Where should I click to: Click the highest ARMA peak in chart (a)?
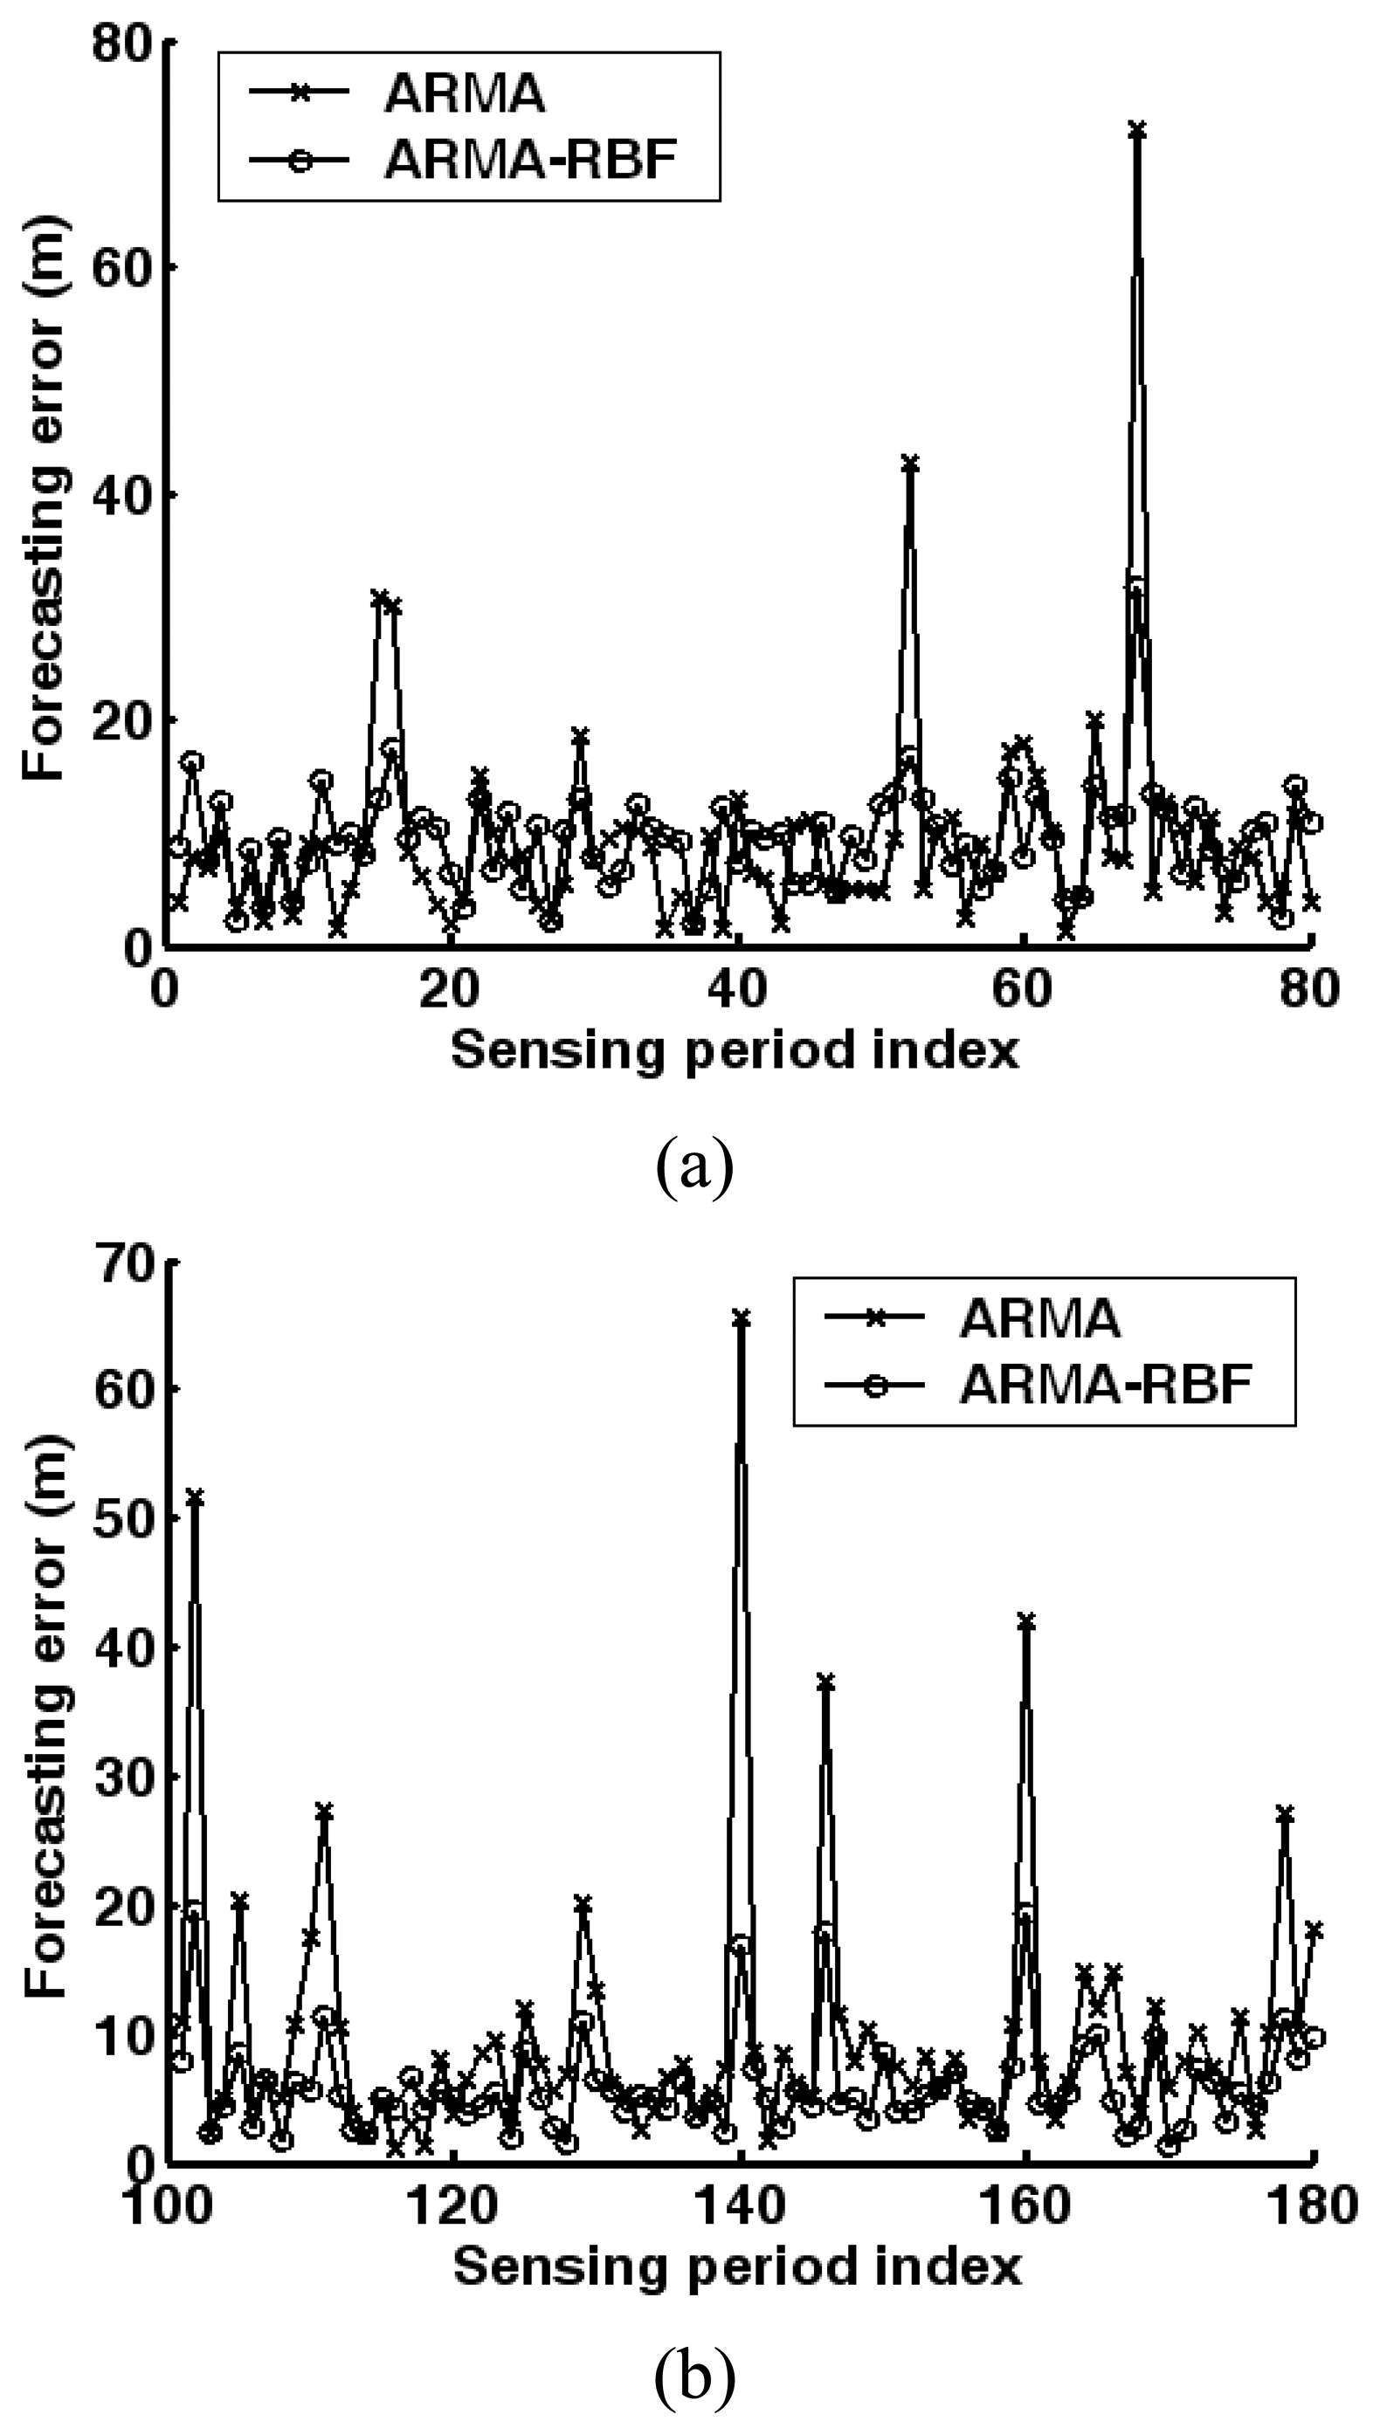coord(1136,130)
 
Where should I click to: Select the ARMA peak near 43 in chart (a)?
coord(910,464)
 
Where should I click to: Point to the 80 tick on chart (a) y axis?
coord(123,45)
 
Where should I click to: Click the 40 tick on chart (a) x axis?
coord(738,989)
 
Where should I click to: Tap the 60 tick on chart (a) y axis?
coord(123,268)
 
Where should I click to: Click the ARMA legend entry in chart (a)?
coord(464,92)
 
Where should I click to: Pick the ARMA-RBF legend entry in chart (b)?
coord(1104,1386)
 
